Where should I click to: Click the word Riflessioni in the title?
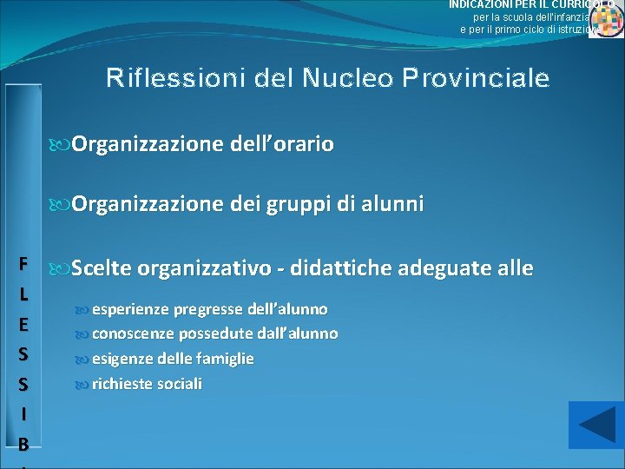click(x=176, y=79)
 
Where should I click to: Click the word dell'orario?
click(x=283, y=143)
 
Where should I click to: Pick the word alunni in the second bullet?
click(x=392, y=205)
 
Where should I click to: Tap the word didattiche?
click(x=343, y=268)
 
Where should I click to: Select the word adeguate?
click(x=445, y=268)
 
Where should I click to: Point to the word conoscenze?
click(x=134, y=334)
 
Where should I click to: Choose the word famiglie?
click(x=225, y=358)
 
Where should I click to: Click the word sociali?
click(x=178, y=383)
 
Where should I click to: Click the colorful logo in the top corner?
click(x=606, y=19)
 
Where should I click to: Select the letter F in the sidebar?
click(x=23, y=264)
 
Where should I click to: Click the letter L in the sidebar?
click(x=23, y=294)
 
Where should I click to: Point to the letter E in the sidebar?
click(x=23, y=324)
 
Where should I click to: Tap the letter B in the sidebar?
click(x=23, y=445)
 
